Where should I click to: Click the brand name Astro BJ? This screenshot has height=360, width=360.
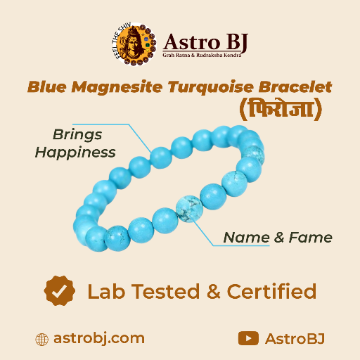205,41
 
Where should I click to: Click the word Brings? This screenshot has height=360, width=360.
77,134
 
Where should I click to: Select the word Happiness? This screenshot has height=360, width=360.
75,151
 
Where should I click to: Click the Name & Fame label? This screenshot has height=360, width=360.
278,238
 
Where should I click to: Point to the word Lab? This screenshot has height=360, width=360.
103,291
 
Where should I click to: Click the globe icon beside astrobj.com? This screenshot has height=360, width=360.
41,339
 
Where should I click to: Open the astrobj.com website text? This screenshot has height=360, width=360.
99,338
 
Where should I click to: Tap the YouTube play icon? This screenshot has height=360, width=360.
248,338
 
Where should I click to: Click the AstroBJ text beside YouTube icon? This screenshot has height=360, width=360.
295,338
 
